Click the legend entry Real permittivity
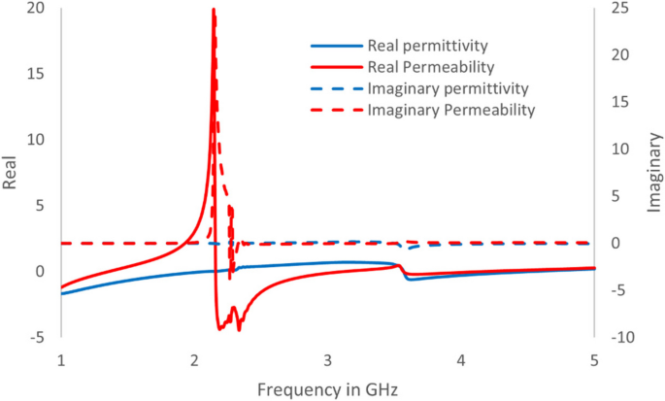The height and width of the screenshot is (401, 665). click(x=426, y=46)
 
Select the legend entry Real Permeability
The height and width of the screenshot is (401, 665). click(x=431, y=67)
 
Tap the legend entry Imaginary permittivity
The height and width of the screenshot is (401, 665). click(x=441, y=88)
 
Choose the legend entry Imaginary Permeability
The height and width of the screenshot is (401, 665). click(x=451, y=110)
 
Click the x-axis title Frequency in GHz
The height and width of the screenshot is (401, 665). click(x=328, y=388)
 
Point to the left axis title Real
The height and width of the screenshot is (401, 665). click(x=13, y=172)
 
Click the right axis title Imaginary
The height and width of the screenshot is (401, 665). click(x=653, y=172)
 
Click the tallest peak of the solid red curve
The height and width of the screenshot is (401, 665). click(x=213, y=10)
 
